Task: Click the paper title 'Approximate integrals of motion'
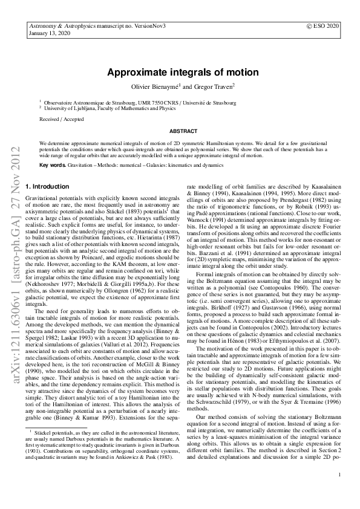click(x=183, y=73)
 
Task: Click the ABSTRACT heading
click(x=183, y=131)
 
